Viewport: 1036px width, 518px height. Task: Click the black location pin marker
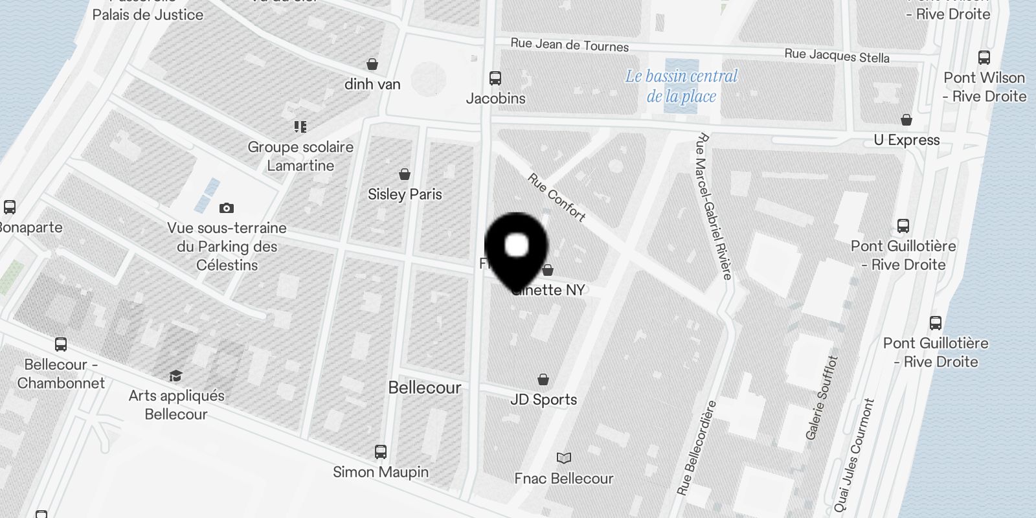click(x=516, y=249)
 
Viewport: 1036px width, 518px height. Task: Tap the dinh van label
click(x=372, y=84)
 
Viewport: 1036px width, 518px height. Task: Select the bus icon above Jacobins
click(x=495, y=78)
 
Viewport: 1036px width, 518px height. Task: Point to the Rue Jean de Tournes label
click(x=569, y=45)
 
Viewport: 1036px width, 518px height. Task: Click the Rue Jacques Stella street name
click(x=837, y=56)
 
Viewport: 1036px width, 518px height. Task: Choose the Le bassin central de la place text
click(x=681, y=86)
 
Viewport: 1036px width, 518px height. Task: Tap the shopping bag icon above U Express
click(x=906, y=120)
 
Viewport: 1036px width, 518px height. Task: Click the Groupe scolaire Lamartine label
click(x=300, y=156)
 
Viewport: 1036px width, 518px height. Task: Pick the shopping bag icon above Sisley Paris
click(x=405, y=174)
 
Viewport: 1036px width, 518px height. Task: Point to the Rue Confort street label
click(x=556, y=197)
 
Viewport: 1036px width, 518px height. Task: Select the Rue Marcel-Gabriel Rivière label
click(x=713, y=206)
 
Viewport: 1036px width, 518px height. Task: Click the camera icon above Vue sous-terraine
click(x=226, y=208)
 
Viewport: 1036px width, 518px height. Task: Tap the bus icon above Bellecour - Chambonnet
click(x=61, y=344)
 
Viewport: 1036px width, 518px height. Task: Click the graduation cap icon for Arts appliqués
click(x=175, y=376)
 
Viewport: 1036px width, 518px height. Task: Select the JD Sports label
click(x=543, y=400)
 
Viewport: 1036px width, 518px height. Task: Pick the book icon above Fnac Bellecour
click(x=564, y=458)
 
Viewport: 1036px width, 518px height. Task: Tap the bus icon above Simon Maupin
click(x=381, y=452)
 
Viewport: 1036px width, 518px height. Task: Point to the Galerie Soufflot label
click(x=822, y=398)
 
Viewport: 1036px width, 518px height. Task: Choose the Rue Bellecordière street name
click(x=697, y=448)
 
